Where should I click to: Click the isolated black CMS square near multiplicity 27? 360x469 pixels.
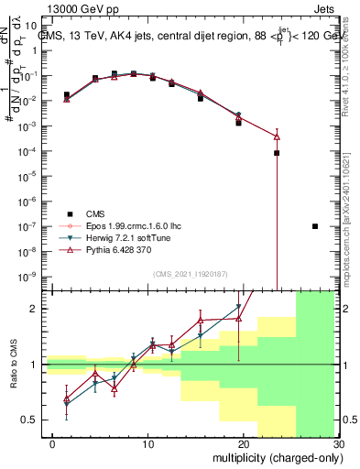314,226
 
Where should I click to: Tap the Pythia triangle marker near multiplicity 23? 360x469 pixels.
276,136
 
